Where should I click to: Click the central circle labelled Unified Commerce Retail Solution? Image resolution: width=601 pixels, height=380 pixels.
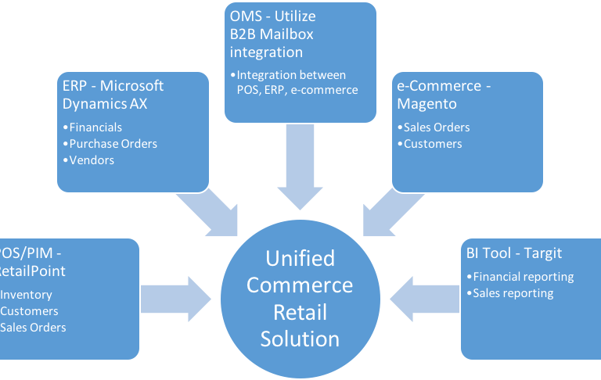click(300, 298)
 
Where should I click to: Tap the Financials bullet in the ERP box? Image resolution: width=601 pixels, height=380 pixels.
click(95, 127)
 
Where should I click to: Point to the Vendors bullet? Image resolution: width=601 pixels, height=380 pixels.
click(92, 160)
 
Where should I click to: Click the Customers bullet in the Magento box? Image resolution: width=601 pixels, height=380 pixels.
click(432, 144)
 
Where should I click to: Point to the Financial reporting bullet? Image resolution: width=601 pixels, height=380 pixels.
click(524, 277)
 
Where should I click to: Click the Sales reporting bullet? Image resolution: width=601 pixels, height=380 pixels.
click(513, 293)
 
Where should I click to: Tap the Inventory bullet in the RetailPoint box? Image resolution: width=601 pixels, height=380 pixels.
click(27, 295)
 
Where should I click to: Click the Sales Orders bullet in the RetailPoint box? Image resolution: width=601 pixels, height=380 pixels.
click(34, 327)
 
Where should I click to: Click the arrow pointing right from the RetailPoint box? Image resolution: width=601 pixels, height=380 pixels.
click(177, 297)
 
